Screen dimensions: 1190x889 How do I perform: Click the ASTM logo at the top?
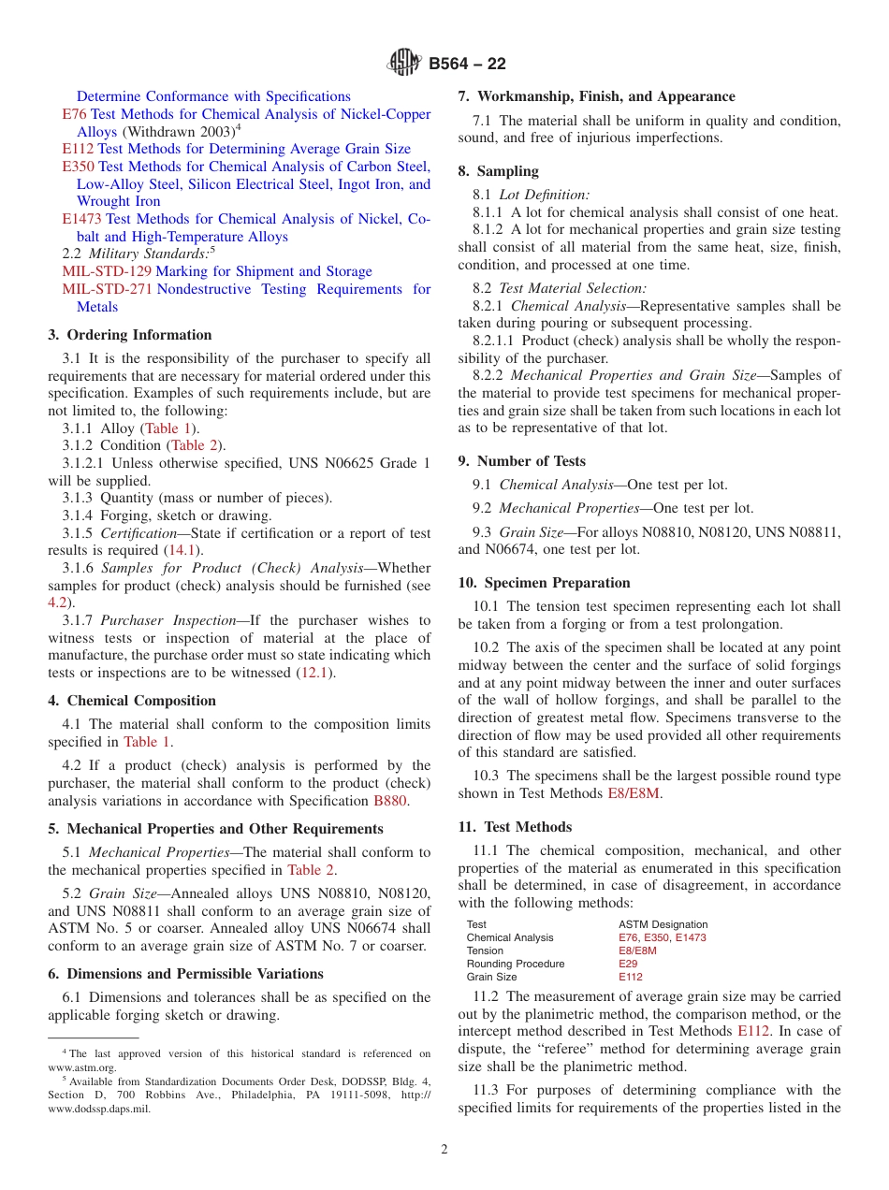tap(404, 64)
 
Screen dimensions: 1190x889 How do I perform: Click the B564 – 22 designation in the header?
tap(467, 65)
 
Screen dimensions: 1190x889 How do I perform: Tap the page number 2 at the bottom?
tap(444, 1150)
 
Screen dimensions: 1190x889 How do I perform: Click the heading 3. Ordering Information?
tap(129, 335)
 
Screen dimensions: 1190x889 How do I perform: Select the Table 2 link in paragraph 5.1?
tap(311, 870)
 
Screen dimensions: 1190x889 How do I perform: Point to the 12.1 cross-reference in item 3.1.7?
tap(315, 673)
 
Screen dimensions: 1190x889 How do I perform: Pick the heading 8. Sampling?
tap(498, 171)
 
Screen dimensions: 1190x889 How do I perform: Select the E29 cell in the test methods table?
tap(628, 964)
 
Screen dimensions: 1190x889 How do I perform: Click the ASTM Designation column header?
tap(663, 924)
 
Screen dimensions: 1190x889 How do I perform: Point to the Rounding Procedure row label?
tap(515, 964)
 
